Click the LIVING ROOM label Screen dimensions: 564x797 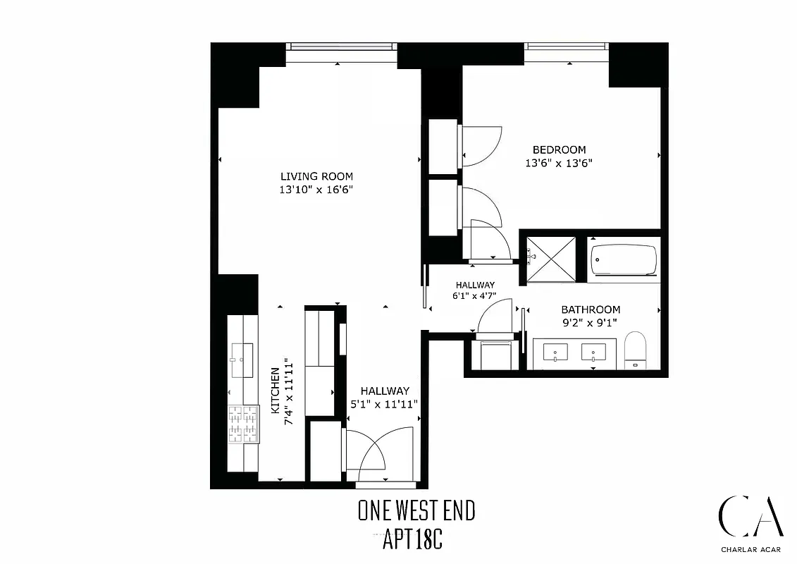[316, 176]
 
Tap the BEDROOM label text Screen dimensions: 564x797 [559, 149]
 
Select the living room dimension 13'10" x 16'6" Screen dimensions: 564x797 [316, 190]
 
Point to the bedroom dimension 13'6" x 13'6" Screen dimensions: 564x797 [559, 163]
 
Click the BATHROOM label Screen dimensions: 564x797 [591, 309]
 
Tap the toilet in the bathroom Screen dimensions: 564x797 [635, 350]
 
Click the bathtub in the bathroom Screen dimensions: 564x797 [623, 260]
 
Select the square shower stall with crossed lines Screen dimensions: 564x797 [552, 259]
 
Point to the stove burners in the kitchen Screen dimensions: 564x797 [242, 424]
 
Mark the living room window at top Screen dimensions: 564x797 [341, 47]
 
